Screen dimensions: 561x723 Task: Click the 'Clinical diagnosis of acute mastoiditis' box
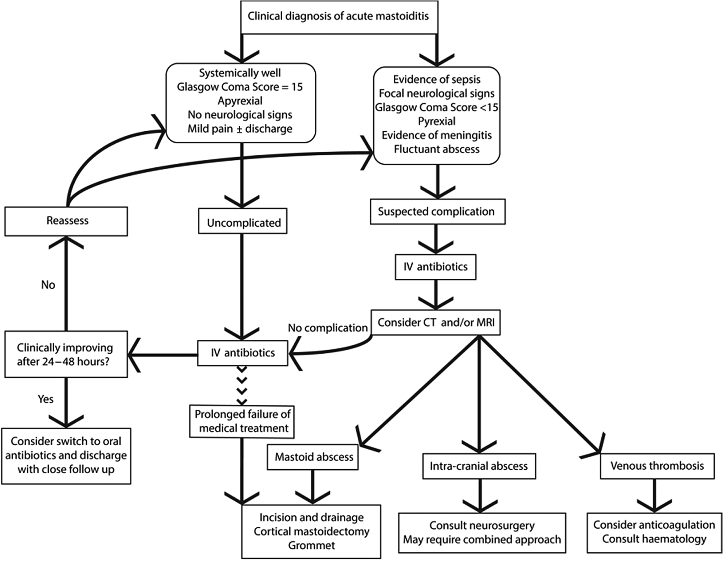(339, 17)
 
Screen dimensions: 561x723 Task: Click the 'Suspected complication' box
(437, 211)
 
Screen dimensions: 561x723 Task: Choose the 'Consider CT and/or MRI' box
(436, 322)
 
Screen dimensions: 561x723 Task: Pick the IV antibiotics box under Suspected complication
(435, 267)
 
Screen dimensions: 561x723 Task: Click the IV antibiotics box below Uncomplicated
(243, 353)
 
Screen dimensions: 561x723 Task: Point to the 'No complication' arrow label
(328, 328)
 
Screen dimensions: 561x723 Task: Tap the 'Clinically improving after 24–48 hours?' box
(66, 354)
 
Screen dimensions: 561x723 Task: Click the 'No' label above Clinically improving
(48, 285)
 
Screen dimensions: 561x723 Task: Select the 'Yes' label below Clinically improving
(46, 399)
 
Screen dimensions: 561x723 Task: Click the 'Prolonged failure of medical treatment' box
(242, 421)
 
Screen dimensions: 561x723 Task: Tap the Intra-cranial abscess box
(479, 466)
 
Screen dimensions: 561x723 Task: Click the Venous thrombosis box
(657, 466)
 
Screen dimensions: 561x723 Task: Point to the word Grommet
(311, 545)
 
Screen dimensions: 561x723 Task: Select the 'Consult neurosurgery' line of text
(482, 525)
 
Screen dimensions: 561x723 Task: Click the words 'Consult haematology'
(654, 539)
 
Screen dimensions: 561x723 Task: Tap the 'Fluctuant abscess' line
(436, 149)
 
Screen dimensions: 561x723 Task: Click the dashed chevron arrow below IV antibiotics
(242, 386)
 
